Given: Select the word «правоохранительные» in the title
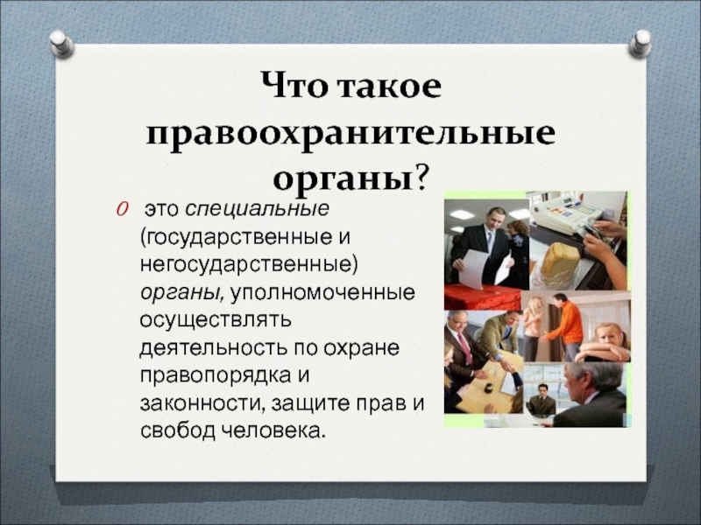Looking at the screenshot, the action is coord(351,133).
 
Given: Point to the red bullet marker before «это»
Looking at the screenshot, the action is coord(123,209).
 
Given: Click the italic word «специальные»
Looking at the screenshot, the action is coord(257,209).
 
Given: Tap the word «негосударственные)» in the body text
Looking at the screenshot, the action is coord(249,264).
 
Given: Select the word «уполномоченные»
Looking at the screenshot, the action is coord(322,292).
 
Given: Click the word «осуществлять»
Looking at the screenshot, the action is coord(216,320).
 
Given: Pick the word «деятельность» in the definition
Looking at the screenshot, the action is coord(214,348).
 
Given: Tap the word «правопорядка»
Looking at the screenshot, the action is coord(213,376).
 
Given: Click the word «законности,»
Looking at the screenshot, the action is coord(201,403).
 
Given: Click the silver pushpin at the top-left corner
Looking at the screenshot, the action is coord(61,44).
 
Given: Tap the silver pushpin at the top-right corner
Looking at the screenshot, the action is coord(641,44).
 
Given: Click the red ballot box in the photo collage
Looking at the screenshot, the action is coord(482,297).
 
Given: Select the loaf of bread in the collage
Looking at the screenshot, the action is coord(560,259).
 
